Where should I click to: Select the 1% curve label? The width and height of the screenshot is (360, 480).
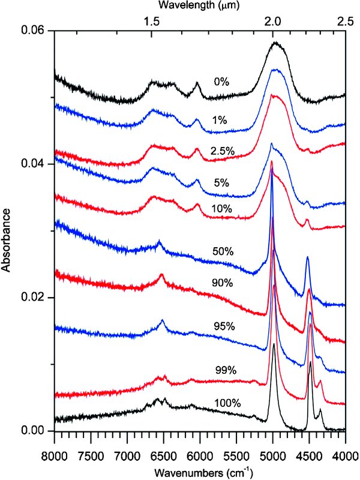(x=218, y=120)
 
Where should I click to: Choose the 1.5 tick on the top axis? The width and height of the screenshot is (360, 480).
(x=152, y=20)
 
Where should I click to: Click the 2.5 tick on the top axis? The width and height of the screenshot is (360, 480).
(x=344, y=20)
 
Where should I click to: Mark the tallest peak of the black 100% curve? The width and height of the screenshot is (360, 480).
(x=274, y=344)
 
